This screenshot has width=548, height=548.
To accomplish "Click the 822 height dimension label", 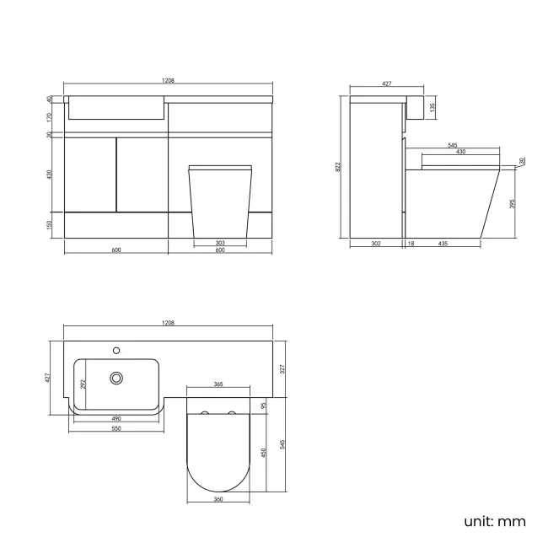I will [x=339, y=167].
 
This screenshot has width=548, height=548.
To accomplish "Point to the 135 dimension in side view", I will [x=432, y=108].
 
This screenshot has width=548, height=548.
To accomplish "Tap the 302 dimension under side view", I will [x=376, y=244].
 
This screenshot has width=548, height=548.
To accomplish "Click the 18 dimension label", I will [x=411, y=244].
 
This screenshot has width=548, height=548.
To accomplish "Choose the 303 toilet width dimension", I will [x=220, y=243].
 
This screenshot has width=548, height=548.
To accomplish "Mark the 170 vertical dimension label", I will [x=50, y=117].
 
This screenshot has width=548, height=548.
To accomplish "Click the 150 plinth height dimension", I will [x=50, y=225].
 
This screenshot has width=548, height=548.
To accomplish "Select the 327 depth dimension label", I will [x=283, y=368].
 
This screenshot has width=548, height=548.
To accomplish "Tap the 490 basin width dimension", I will [x=116, y=418].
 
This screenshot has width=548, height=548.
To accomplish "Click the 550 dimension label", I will [x=116, y=429].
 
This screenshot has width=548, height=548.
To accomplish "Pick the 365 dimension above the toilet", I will [x=218, y=384].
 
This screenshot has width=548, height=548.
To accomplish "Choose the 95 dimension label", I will [x=263, y=406].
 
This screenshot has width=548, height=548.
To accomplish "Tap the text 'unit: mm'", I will [x=495, y=521].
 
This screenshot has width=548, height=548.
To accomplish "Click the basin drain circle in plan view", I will [x=117, y=379].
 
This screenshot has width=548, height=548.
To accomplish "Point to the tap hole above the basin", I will [x=117, y=348].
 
